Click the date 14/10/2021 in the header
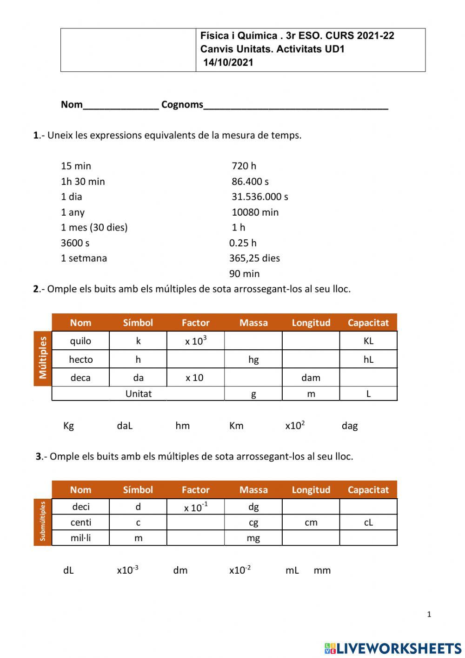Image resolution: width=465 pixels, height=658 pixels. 228,62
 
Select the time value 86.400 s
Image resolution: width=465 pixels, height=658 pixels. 250,181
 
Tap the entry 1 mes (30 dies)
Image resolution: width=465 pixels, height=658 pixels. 94,227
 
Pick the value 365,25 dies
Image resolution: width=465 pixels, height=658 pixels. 254,258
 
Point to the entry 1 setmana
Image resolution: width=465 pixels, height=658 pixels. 84,258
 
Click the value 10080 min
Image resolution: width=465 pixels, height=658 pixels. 255,212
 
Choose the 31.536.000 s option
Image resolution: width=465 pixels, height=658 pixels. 260,197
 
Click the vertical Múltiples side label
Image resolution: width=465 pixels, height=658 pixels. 43,358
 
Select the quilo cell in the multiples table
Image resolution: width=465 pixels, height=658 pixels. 80,341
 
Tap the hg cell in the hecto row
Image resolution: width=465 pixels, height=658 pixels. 253,359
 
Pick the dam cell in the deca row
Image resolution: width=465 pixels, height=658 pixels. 311,378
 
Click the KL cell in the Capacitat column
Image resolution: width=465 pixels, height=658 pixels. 368,341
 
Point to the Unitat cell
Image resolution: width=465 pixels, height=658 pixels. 138,393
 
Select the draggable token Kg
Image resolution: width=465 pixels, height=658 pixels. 68,426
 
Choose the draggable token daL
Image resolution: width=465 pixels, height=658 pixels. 125,426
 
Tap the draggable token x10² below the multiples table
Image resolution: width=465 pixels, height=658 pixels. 295,425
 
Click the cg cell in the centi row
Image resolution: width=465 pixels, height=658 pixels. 253,522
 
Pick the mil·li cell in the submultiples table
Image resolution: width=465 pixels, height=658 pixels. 80,538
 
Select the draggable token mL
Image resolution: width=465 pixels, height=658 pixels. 292,570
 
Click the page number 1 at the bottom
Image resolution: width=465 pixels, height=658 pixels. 429,614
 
